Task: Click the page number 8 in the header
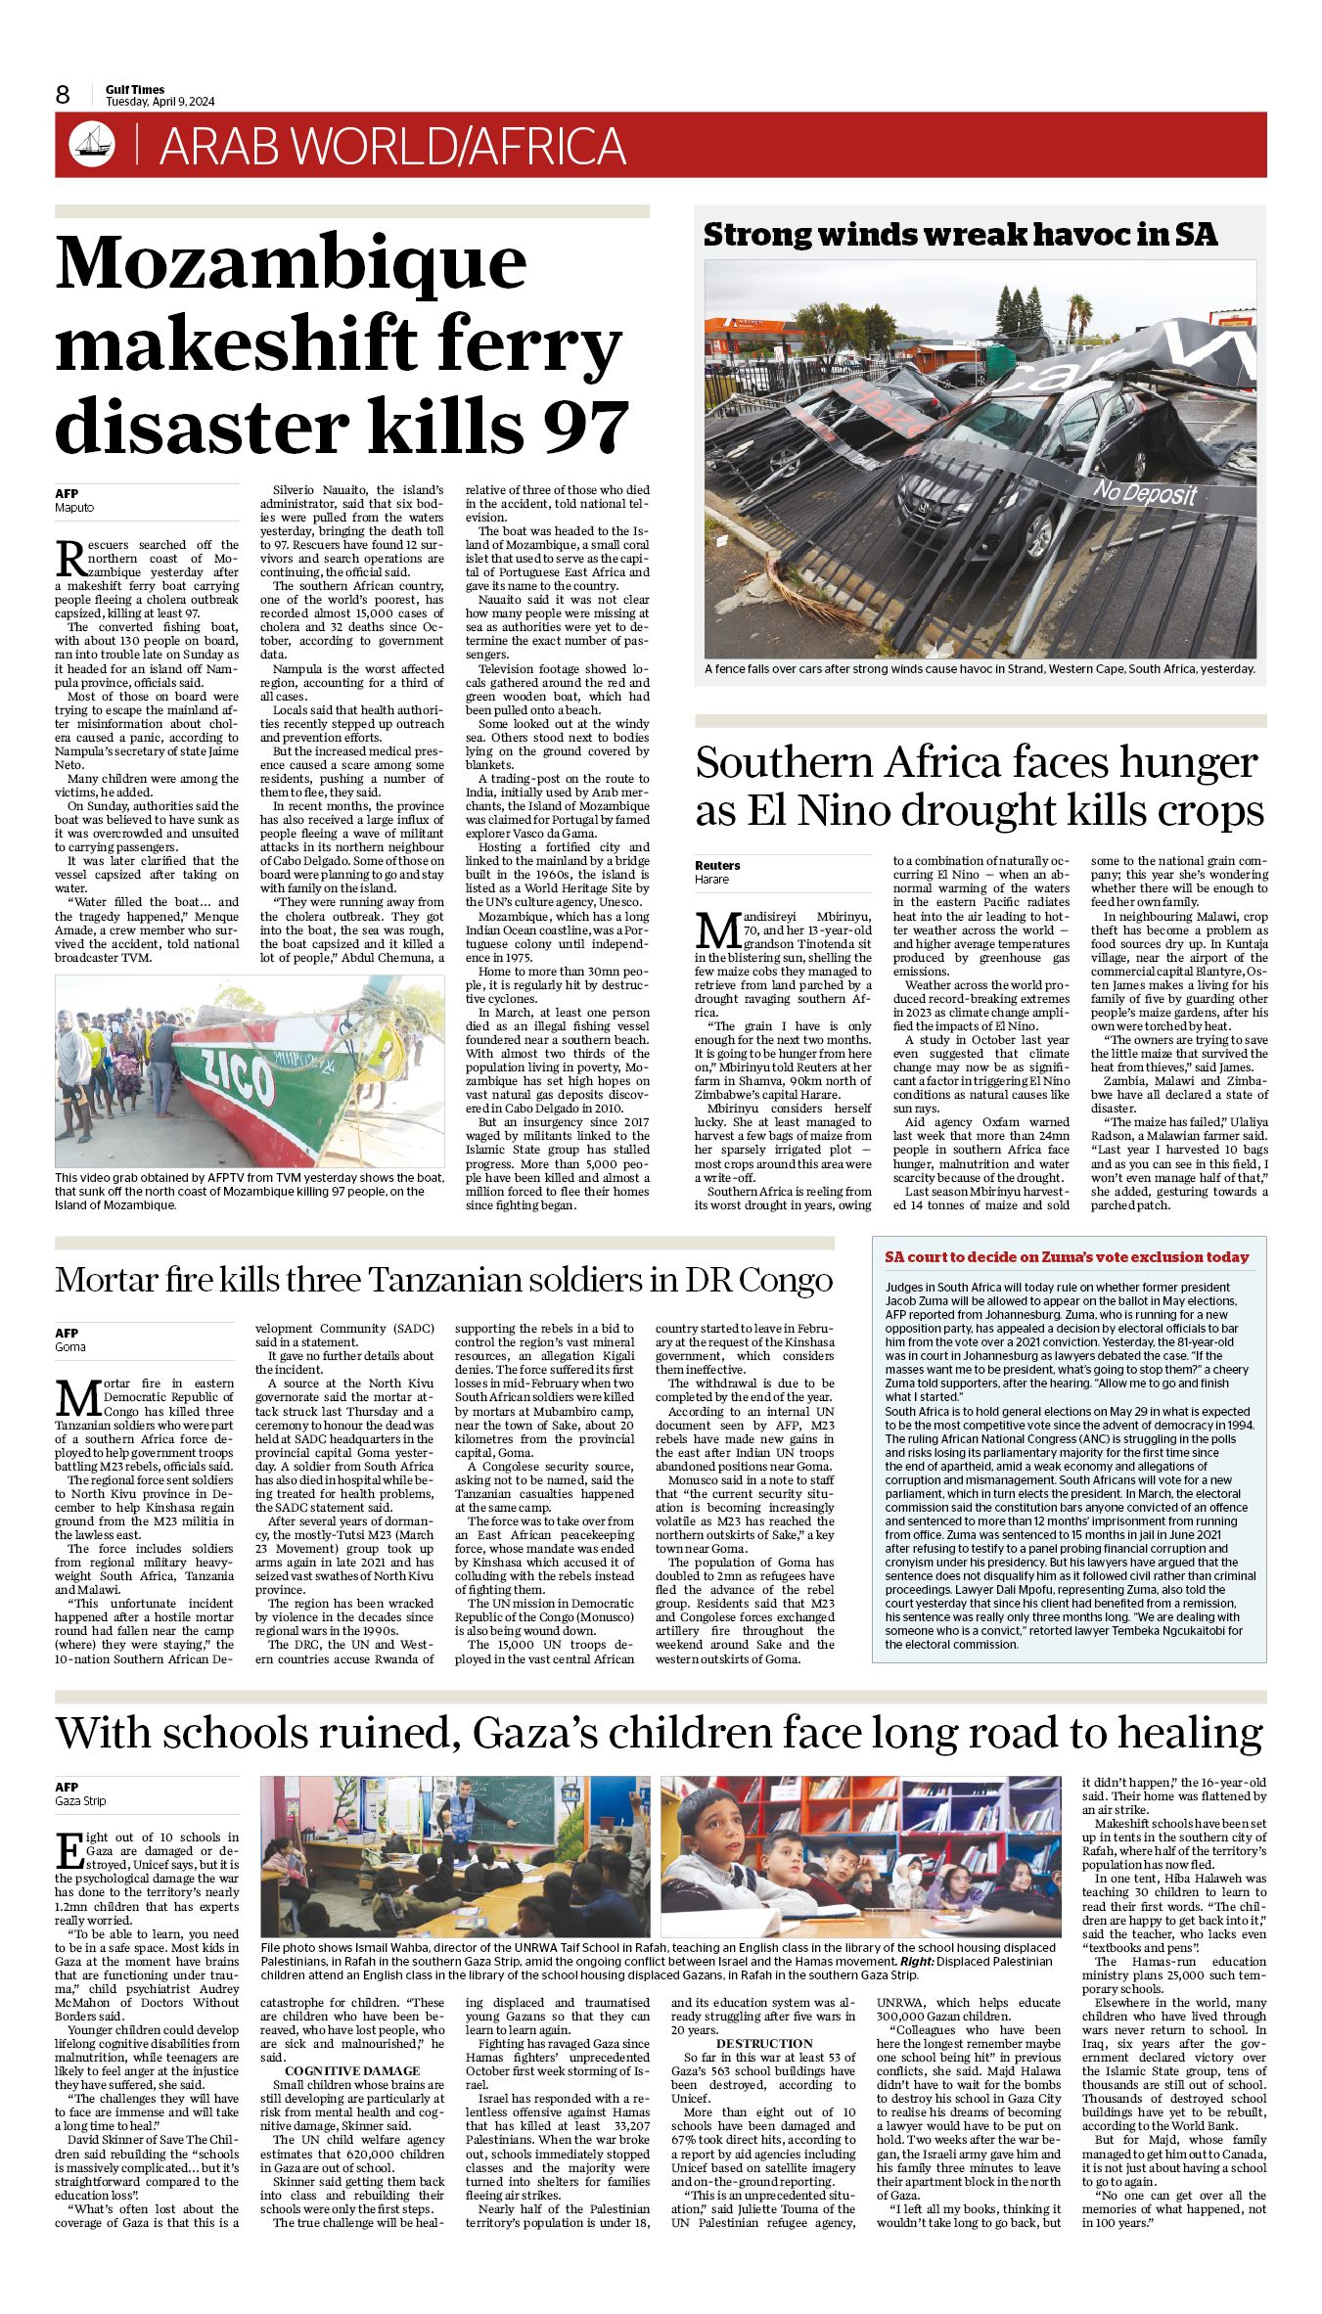click(63, 95)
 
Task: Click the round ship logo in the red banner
click(91, 145)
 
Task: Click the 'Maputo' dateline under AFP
click(74, 508)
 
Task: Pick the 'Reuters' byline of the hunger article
click(717, 865)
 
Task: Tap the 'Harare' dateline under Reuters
click(712, 880)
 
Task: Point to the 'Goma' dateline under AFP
click(70, 1347)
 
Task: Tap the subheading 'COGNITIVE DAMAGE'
click(352, 2071)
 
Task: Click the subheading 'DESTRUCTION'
click(764, 2044)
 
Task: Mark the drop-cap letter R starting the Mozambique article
click(70, 558)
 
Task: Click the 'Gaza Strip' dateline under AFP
click(80, 1801)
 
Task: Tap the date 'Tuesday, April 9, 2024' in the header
click(160, 102)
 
